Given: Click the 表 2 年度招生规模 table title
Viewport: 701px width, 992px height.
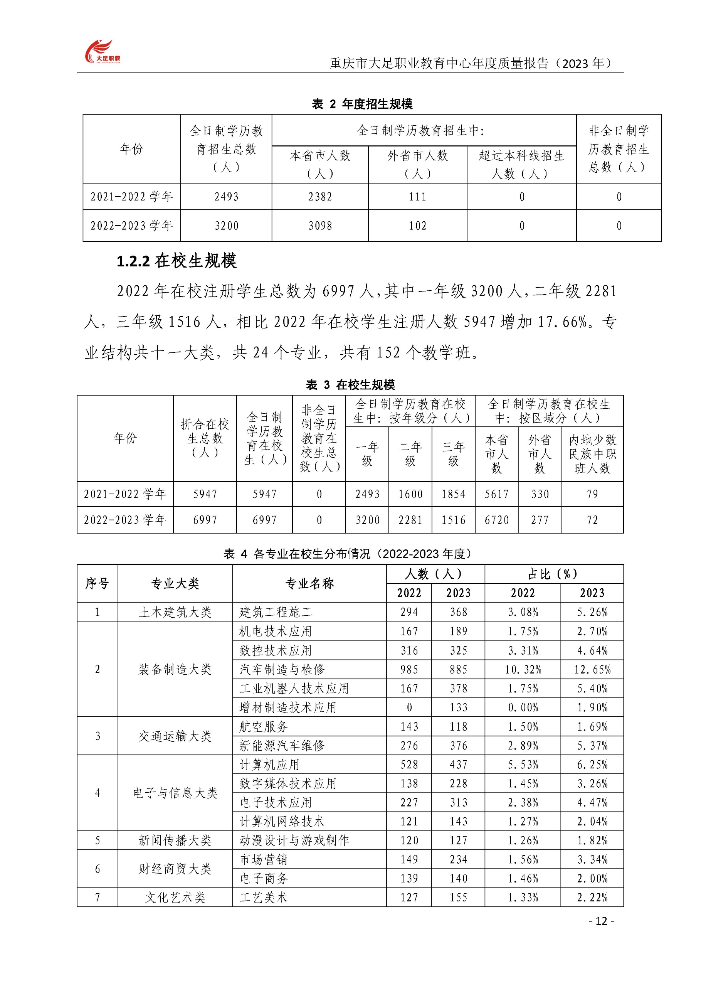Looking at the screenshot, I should coord(362,104).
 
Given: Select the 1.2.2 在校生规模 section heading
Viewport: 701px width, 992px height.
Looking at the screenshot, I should coord(177,261).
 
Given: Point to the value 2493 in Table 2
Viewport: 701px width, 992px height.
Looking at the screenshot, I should coord(226,197).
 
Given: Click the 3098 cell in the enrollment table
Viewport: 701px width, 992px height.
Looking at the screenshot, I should coord(320,226).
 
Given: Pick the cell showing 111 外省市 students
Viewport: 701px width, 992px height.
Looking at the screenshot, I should coord(417,197).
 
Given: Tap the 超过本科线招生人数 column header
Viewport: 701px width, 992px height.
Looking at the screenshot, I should coord(521,165).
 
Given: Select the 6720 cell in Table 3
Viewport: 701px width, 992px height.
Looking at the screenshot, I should coord(496,520).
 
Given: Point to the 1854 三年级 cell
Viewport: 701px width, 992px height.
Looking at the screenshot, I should coord(453,494).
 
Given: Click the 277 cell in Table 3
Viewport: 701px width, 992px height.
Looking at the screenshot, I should coord(540,520).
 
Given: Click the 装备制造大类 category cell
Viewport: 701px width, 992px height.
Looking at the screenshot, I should coord(175,670).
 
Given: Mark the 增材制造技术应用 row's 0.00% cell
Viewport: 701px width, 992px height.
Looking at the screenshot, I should coord(523,708).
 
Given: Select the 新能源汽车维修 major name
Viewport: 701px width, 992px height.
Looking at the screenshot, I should coord(282,746).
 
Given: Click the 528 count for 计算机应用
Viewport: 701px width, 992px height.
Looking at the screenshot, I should coord(409,765).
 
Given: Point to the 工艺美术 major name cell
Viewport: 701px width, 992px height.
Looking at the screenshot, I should coord(264,898).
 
